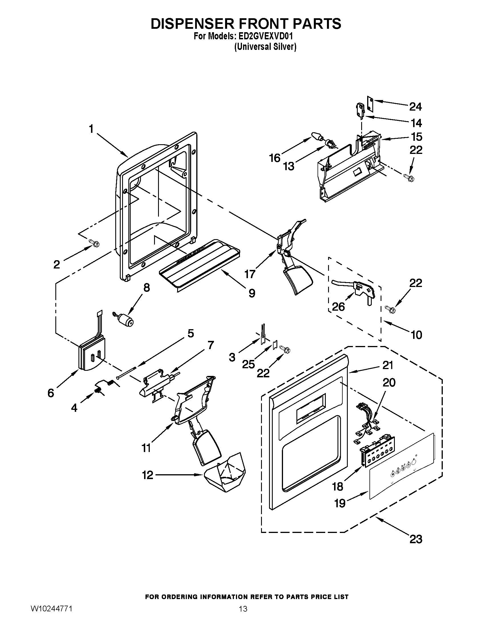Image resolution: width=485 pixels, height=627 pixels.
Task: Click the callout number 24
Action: coord(415,107)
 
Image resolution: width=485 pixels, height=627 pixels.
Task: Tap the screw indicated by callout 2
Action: coord(95,243)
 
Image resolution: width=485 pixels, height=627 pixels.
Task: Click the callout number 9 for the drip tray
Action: coord(252,293)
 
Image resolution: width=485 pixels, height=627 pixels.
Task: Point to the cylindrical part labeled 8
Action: coord(126,320)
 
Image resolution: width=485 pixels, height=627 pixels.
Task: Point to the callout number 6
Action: coord(51,393)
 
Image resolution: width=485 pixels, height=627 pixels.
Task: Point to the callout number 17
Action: coord(250,274)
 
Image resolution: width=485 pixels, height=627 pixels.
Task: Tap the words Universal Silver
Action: coord(265,47)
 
